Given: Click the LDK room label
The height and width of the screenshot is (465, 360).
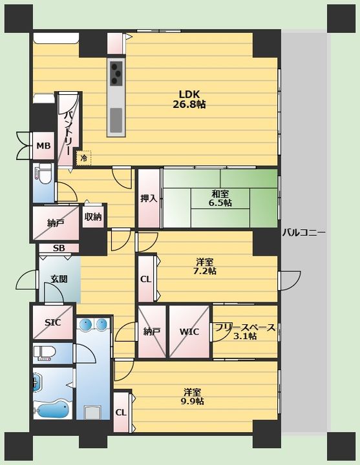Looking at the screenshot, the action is [189, 94].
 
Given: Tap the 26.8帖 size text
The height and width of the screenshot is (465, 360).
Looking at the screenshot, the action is [189, 105].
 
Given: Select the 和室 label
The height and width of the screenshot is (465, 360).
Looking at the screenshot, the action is [220, 194].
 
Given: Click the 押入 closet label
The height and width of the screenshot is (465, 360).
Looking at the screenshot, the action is [149, 198].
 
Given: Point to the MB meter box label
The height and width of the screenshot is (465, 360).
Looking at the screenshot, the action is [43, 146].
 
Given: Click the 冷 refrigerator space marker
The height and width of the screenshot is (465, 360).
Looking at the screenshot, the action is [84, 158].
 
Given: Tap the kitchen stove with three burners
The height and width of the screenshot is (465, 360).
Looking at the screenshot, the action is [116, 72].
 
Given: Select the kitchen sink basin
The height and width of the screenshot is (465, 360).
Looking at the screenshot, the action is [116, 120].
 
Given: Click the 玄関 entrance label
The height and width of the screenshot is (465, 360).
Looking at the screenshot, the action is [59, 279].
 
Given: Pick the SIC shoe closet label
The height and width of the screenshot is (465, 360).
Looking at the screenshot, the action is [52, 322].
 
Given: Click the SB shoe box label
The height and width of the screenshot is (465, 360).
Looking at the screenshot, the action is [59, 248].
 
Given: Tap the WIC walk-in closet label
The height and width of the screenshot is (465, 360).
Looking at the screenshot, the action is [189, 331].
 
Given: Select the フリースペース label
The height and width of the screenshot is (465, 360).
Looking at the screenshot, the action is [245, 327].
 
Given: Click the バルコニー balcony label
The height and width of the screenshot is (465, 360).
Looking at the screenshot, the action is [304, 232].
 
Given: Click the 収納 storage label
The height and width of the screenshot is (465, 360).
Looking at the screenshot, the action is [93, 217].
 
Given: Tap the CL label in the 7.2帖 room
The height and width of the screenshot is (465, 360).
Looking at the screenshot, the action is [145, 280].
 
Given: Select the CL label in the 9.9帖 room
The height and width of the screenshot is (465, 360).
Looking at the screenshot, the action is [121, 413].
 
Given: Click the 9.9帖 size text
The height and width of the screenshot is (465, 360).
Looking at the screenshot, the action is [193, 401].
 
